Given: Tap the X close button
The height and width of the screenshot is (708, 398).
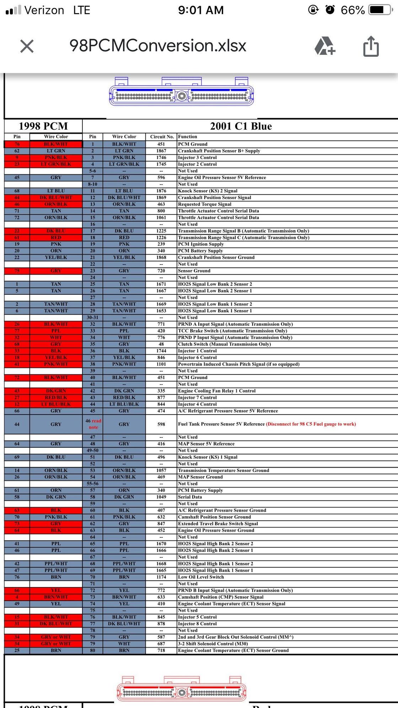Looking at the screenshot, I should coord(27,46).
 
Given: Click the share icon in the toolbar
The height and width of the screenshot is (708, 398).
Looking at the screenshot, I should coord(371,46).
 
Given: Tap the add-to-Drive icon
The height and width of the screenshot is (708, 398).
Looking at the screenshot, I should coord(325,46).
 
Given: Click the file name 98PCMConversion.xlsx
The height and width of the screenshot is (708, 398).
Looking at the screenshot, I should coord(158,46).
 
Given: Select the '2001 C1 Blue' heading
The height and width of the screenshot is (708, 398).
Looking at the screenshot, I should coord(241,126).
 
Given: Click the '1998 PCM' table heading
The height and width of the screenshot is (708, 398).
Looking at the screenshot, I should coord(43,126).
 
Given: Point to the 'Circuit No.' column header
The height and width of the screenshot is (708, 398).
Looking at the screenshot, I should coord(162,137).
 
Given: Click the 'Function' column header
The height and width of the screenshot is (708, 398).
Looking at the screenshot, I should coord(188,137).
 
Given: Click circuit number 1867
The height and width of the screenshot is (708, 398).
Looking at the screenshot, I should coord(161,151).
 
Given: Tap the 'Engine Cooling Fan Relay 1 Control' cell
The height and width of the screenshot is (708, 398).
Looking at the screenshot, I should coord(217,391).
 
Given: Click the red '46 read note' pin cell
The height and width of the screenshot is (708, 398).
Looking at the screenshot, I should coord(93,424).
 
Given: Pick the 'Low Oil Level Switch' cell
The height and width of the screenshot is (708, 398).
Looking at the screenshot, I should coord(201,577).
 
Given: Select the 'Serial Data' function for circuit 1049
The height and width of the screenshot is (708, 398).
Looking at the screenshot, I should coord(190,497).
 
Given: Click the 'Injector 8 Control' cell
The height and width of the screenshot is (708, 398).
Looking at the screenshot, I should coord(197,624).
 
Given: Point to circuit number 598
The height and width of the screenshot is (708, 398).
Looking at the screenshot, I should coord(161,424).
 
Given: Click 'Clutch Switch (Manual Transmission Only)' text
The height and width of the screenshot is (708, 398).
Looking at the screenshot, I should coord(224,344).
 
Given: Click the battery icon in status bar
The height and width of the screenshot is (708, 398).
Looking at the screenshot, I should coord(381,10).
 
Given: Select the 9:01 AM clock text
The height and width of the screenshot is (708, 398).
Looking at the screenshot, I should coord(201,10).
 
